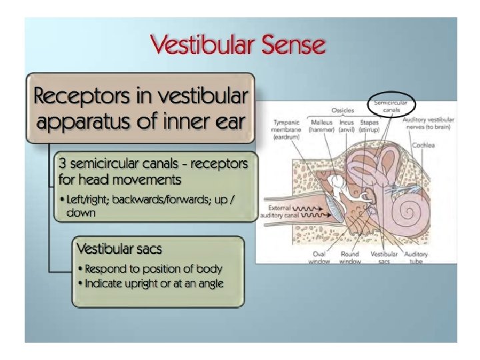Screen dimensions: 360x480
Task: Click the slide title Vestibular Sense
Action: (x=238, y=46)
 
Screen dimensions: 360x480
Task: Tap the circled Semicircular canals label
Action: (x=391, y=105)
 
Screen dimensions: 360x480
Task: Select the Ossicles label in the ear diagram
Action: (x=343, y=110)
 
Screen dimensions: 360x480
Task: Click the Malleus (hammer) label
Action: (x=322, y=125)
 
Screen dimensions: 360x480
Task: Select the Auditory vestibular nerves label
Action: (x=433, y=125)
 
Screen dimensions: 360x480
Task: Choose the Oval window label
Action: (x=319, y=257)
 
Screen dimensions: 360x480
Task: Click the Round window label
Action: (x=349, y=257)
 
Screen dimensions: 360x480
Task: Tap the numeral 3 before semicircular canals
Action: (x=63, y=163)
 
